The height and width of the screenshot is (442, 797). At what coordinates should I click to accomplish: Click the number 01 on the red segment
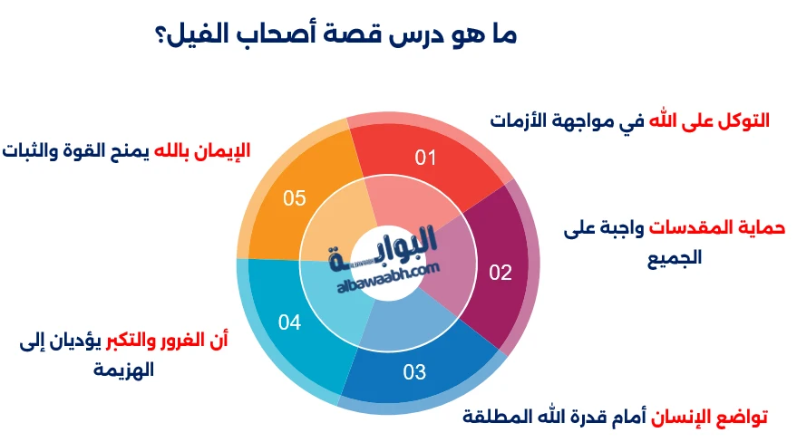[x=426, y=159]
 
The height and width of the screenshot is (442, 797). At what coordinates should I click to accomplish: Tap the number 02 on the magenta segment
[x=501, y=273]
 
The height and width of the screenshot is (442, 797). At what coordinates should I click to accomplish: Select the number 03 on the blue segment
[x=414, y=371]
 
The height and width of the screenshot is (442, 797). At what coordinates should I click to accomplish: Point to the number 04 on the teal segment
[x=289, y=322]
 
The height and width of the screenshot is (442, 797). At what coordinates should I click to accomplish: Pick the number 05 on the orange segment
[x=295, y=198]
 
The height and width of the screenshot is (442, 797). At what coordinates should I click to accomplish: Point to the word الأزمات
[x=519, y=120]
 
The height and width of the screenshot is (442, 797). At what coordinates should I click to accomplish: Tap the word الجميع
[x=675, y=256]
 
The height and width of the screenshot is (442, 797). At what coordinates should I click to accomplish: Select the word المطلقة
[x=497, y=417]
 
